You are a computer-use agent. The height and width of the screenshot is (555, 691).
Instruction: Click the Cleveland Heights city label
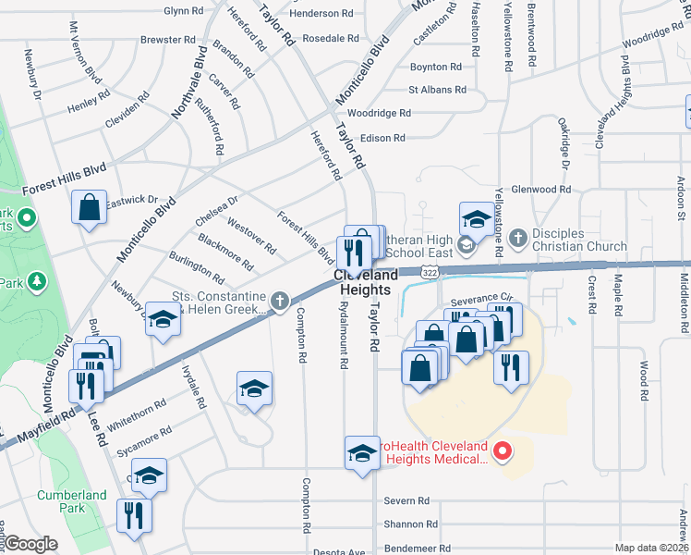click(366, 282)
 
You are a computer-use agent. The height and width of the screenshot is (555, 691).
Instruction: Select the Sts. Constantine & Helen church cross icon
click(277, 301)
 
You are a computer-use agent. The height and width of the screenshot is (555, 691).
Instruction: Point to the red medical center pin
click(503, 451)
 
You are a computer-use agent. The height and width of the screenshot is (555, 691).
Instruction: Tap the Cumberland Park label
click(72, 501)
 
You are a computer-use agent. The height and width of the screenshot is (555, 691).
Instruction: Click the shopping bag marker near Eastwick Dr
click(90, 208)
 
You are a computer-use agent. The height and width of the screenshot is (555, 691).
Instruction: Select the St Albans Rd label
click(438, 90)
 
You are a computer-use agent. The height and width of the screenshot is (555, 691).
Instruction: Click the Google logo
click(30, 544)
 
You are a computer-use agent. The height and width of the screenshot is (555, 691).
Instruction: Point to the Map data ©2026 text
click(651, 548)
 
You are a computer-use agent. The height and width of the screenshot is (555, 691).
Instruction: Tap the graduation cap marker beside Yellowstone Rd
click(476, 219)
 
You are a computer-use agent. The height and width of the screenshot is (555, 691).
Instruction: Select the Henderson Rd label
click(321, 14)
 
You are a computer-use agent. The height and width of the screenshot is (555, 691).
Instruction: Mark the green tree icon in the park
click(37, 280)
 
